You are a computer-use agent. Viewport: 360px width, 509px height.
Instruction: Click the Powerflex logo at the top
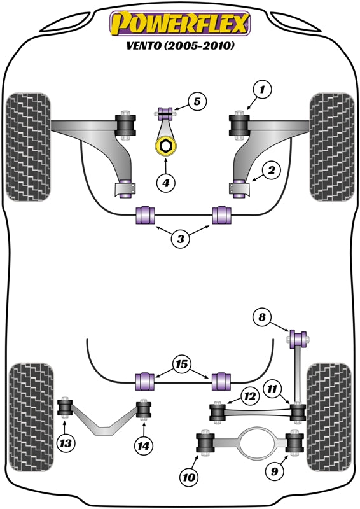[180, 24]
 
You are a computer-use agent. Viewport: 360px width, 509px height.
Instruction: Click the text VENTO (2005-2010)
[180, 46]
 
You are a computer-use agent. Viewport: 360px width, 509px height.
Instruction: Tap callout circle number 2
[271, 171]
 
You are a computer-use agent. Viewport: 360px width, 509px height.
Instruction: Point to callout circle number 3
[181, 239]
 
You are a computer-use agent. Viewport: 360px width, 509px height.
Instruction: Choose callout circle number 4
[165, 183]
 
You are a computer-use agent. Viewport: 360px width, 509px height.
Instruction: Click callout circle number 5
[197, 101]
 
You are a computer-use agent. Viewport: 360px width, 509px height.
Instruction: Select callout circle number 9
[275, 471]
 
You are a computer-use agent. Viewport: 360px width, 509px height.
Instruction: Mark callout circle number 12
[249, 397]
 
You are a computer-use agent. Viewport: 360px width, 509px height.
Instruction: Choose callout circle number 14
[144, 446]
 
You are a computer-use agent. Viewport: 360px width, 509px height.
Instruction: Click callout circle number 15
[181, 365]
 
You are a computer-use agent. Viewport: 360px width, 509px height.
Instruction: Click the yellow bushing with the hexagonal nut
[165, 147]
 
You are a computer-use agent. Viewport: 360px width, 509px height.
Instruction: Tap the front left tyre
[27, 146]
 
